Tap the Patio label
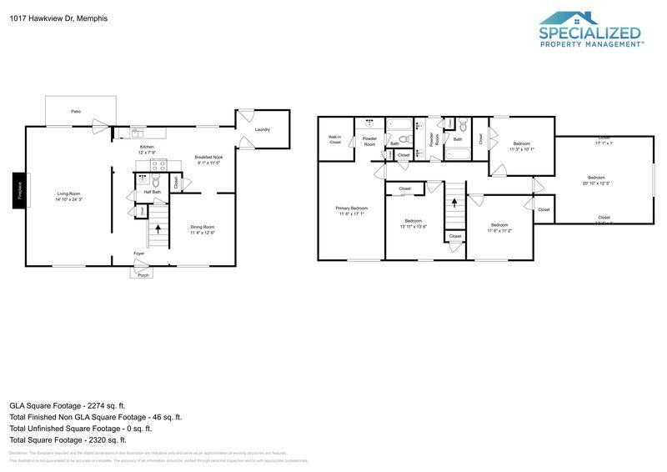[76, 111]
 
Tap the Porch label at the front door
[143, 274]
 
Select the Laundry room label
[263, 129]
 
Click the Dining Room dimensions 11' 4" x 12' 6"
[203, 233]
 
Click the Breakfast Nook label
[208, 157]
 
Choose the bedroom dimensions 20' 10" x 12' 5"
[596, 183]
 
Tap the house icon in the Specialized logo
[568, 18]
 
